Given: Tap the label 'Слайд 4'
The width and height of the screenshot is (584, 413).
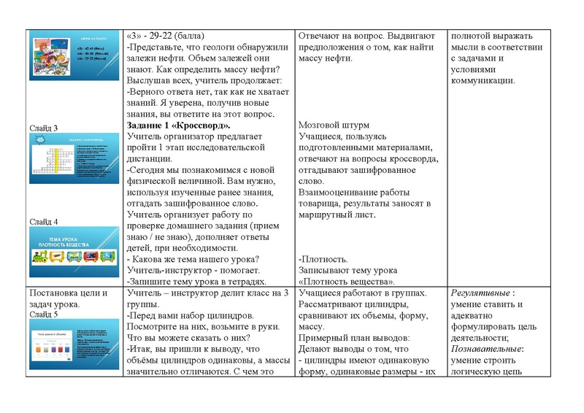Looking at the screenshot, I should (x=43, y=222).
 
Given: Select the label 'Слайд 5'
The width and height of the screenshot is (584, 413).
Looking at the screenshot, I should (x=43, y=314).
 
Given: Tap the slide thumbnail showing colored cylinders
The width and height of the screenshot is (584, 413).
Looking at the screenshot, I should (x=72, y=347).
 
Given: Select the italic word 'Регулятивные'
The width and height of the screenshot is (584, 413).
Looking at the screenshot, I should (x=482, y=293).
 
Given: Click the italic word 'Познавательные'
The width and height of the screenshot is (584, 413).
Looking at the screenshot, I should (x=486, y=349).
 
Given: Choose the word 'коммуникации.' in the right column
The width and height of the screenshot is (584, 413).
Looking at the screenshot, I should (x=483, y=80).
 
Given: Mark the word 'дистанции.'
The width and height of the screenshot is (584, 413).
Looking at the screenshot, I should (x=151, y=169).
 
